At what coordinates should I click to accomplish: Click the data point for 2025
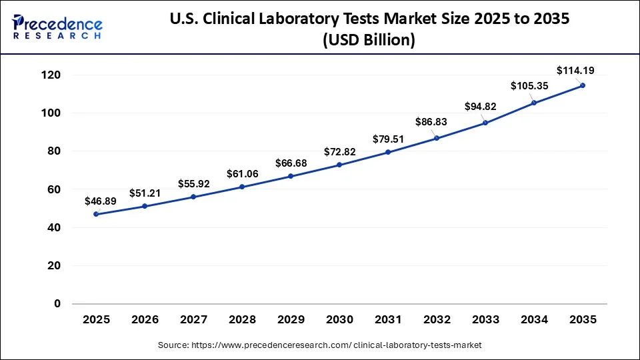tap(96, 214)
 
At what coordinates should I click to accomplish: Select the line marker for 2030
tap(339, 165)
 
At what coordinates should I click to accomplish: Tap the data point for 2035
tap(583, 85)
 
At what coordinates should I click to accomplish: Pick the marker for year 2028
tap(242, 187)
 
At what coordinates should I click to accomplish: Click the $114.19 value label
tap(574, 70)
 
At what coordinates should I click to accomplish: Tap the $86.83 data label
tap(431, 122)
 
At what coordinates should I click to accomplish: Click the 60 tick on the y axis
tap(54, 189)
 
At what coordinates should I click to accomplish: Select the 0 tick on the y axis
tap(57, 304)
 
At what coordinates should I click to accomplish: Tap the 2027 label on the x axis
tap(193, 320)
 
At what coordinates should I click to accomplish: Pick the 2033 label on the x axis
tap(485, 320)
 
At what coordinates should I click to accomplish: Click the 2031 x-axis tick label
tap(388, 320)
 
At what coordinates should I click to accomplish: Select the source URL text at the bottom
tap(320, 345)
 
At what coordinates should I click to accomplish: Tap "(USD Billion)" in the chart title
tap(369, 41)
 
